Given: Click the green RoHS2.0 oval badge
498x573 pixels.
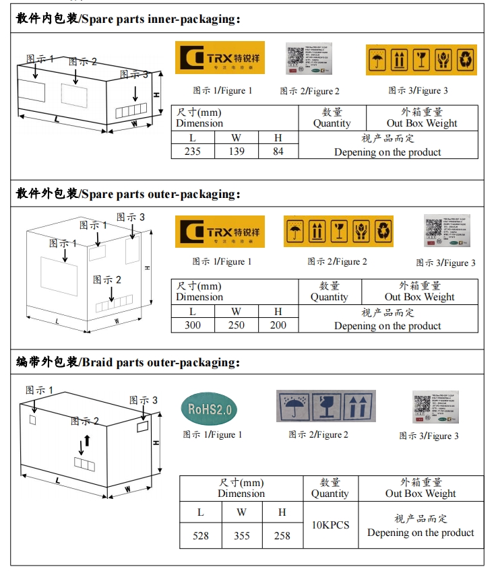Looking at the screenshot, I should point(209,408).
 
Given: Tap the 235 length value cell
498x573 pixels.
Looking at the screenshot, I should point(192,151).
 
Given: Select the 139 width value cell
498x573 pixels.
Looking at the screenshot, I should point(237,151).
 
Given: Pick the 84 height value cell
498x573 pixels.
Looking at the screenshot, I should point(278,151).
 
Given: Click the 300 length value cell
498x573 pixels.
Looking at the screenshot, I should point(192,325).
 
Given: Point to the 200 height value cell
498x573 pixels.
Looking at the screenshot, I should point(278,325).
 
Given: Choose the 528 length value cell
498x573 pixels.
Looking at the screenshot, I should point(200,535).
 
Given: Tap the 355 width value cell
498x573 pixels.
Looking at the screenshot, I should point(241,535).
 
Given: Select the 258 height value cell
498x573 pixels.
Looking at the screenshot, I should point(282,535).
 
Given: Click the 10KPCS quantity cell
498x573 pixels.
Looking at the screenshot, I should point(330,525).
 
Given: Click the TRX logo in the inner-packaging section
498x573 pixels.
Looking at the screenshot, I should point(220,58).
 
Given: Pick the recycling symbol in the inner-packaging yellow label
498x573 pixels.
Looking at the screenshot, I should point(465,59).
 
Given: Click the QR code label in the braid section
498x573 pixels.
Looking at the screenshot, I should point(436,407).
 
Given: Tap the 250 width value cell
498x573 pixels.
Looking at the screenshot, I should point(236,325).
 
